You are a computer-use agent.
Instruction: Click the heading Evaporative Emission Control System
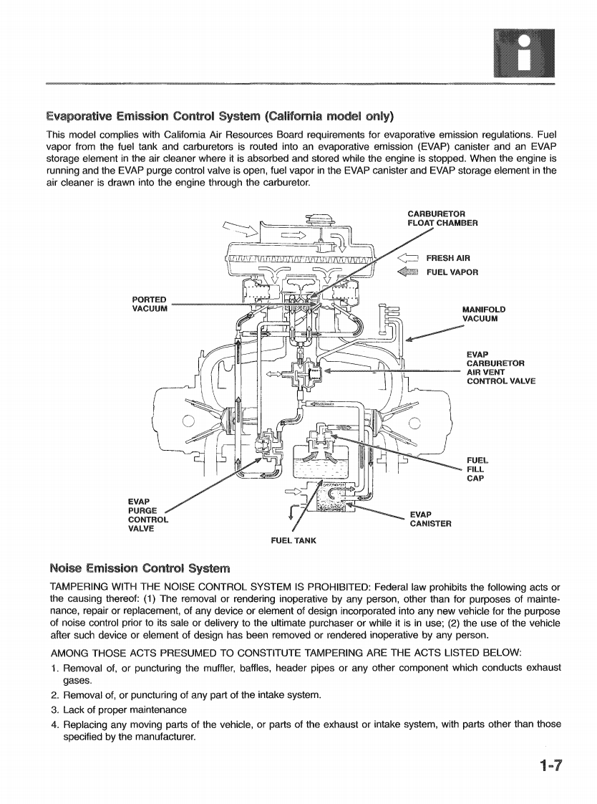(220, 116)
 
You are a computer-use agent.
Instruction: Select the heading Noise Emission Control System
(140, 569)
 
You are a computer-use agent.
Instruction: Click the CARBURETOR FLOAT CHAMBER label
(442, 218)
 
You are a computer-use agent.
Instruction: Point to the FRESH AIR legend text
(448, 259)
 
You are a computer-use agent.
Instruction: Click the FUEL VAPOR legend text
(452, 272)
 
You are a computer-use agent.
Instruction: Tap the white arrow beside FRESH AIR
(408, 259)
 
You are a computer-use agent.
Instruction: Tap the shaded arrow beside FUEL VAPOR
(408, 272)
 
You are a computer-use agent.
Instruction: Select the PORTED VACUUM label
(150, 304)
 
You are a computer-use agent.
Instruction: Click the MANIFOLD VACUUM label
(485, 314)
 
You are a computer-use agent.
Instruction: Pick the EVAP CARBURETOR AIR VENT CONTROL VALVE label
(500, 368)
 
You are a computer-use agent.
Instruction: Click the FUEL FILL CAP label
(477, 469)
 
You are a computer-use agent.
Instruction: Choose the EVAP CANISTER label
(430, 519)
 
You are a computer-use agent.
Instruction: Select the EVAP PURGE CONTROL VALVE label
(147, 515)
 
